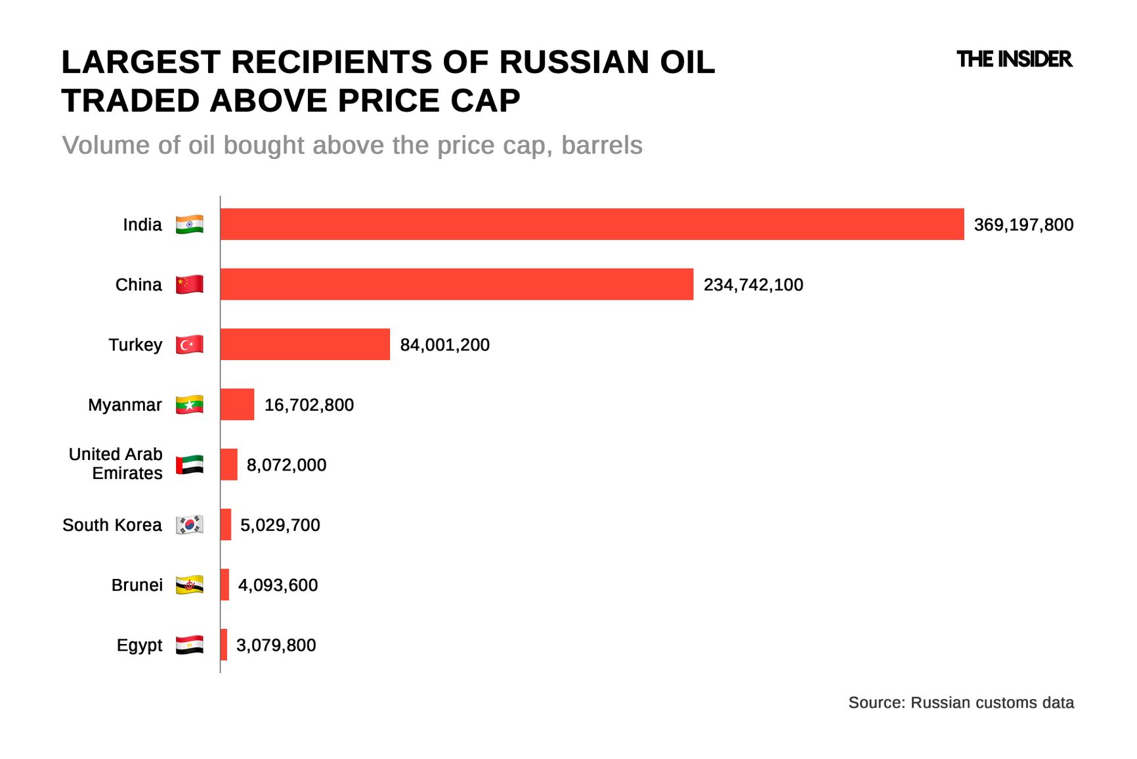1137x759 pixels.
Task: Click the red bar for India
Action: pos(591,224)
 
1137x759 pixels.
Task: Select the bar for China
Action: pos(456,284)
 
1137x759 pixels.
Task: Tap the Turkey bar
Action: pos(305,344)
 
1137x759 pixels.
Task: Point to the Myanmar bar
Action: pos(237,404)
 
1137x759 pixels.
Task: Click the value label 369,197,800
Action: pos(1023,225)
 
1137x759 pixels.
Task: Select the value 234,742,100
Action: pos(753,285)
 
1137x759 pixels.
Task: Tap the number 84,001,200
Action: pos(444,345)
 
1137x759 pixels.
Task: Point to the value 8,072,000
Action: pos(286,465)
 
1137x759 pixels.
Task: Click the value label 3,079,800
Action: pos(276,645)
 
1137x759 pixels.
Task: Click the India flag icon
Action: pos(189,225)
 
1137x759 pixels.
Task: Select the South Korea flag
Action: pos(189,525)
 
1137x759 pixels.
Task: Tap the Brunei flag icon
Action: pos(189,585)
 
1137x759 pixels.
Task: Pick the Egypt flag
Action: pos(189,645)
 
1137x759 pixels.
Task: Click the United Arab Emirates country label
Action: pos(116,464)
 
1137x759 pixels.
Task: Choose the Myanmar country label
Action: pos(125,405)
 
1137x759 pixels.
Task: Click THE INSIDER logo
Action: pos(1014,60)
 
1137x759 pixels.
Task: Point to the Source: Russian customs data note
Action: pos(960,702)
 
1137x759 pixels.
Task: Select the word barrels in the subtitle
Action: pos(601,145)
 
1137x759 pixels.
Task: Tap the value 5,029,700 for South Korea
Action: pos(280,525)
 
